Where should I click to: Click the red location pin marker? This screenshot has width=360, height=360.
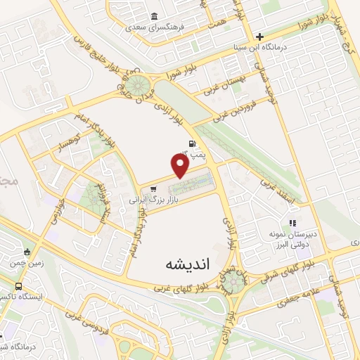pos(181,165)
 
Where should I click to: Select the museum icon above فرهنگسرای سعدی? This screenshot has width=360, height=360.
pos(155,18)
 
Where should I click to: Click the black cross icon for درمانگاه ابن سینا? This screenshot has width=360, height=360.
pos(259,37)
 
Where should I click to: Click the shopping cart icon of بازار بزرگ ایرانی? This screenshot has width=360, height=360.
pos(153,189)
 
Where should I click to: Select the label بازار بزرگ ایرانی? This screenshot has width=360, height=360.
pos(153,200)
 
